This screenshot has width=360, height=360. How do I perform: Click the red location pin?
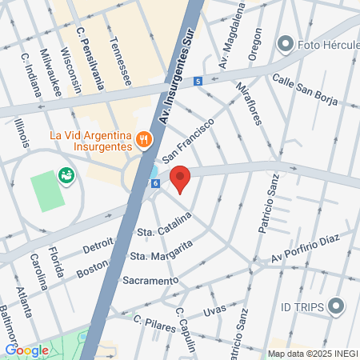[181, 179]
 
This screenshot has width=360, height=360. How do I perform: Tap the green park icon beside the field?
[66, 174]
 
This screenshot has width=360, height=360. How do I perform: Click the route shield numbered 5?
[198, 81]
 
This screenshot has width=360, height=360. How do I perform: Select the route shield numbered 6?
[155, 183]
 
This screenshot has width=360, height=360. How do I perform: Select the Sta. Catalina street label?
[165, 225]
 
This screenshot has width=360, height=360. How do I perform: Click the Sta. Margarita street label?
[162, 252]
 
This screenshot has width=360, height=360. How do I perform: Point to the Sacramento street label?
[150, 281]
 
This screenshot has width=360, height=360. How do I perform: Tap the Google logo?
[27, 350]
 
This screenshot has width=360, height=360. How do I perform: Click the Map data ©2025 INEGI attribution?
[313, 354]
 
